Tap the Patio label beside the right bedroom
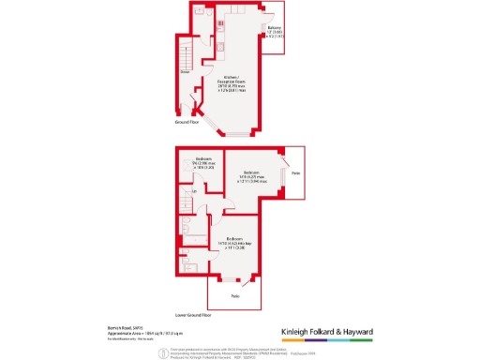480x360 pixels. pos(295,174)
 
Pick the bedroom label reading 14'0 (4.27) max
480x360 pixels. pos(252,177)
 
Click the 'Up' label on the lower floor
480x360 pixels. pos(194,193)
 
